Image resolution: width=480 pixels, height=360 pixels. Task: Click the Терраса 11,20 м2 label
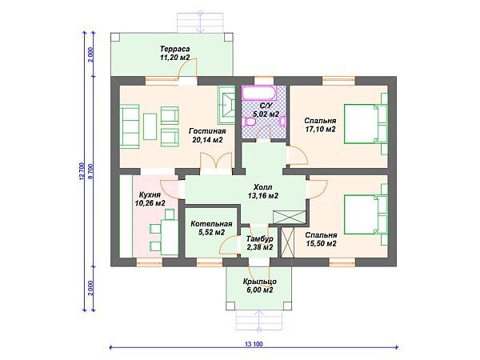(174, 53)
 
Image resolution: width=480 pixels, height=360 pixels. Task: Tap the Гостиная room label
(207, 131)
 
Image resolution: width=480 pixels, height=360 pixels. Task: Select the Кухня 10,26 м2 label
(150, 198)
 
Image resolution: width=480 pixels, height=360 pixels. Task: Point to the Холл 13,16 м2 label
(263, 191)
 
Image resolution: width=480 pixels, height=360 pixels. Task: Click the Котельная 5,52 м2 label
(211, 228)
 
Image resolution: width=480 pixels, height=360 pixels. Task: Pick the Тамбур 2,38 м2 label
(259, 242)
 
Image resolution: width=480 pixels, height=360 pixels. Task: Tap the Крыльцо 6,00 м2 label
(260, 286)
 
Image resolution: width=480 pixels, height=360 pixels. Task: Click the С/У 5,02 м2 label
(266, 110)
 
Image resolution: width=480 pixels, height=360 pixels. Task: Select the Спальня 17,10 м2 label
(320, 125)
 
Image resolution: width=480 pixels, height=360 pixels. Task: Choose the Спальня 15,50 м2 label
(321, 239)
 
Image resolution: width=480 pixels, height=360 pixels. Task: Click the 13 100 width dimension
(254, 344)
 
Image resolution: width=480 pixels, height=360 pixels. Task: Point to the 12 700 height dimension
(82, 171)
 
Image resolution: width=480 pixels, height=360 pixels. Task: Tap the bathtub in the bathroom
(259, 93)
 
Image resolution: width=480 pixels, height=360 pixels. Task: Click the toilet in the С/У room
(250, 122)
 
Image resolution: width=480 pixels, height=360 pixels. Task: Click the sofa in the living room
(129, 126)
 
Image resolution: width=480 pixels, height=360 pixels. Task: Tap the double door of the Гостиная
(216, 161)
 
